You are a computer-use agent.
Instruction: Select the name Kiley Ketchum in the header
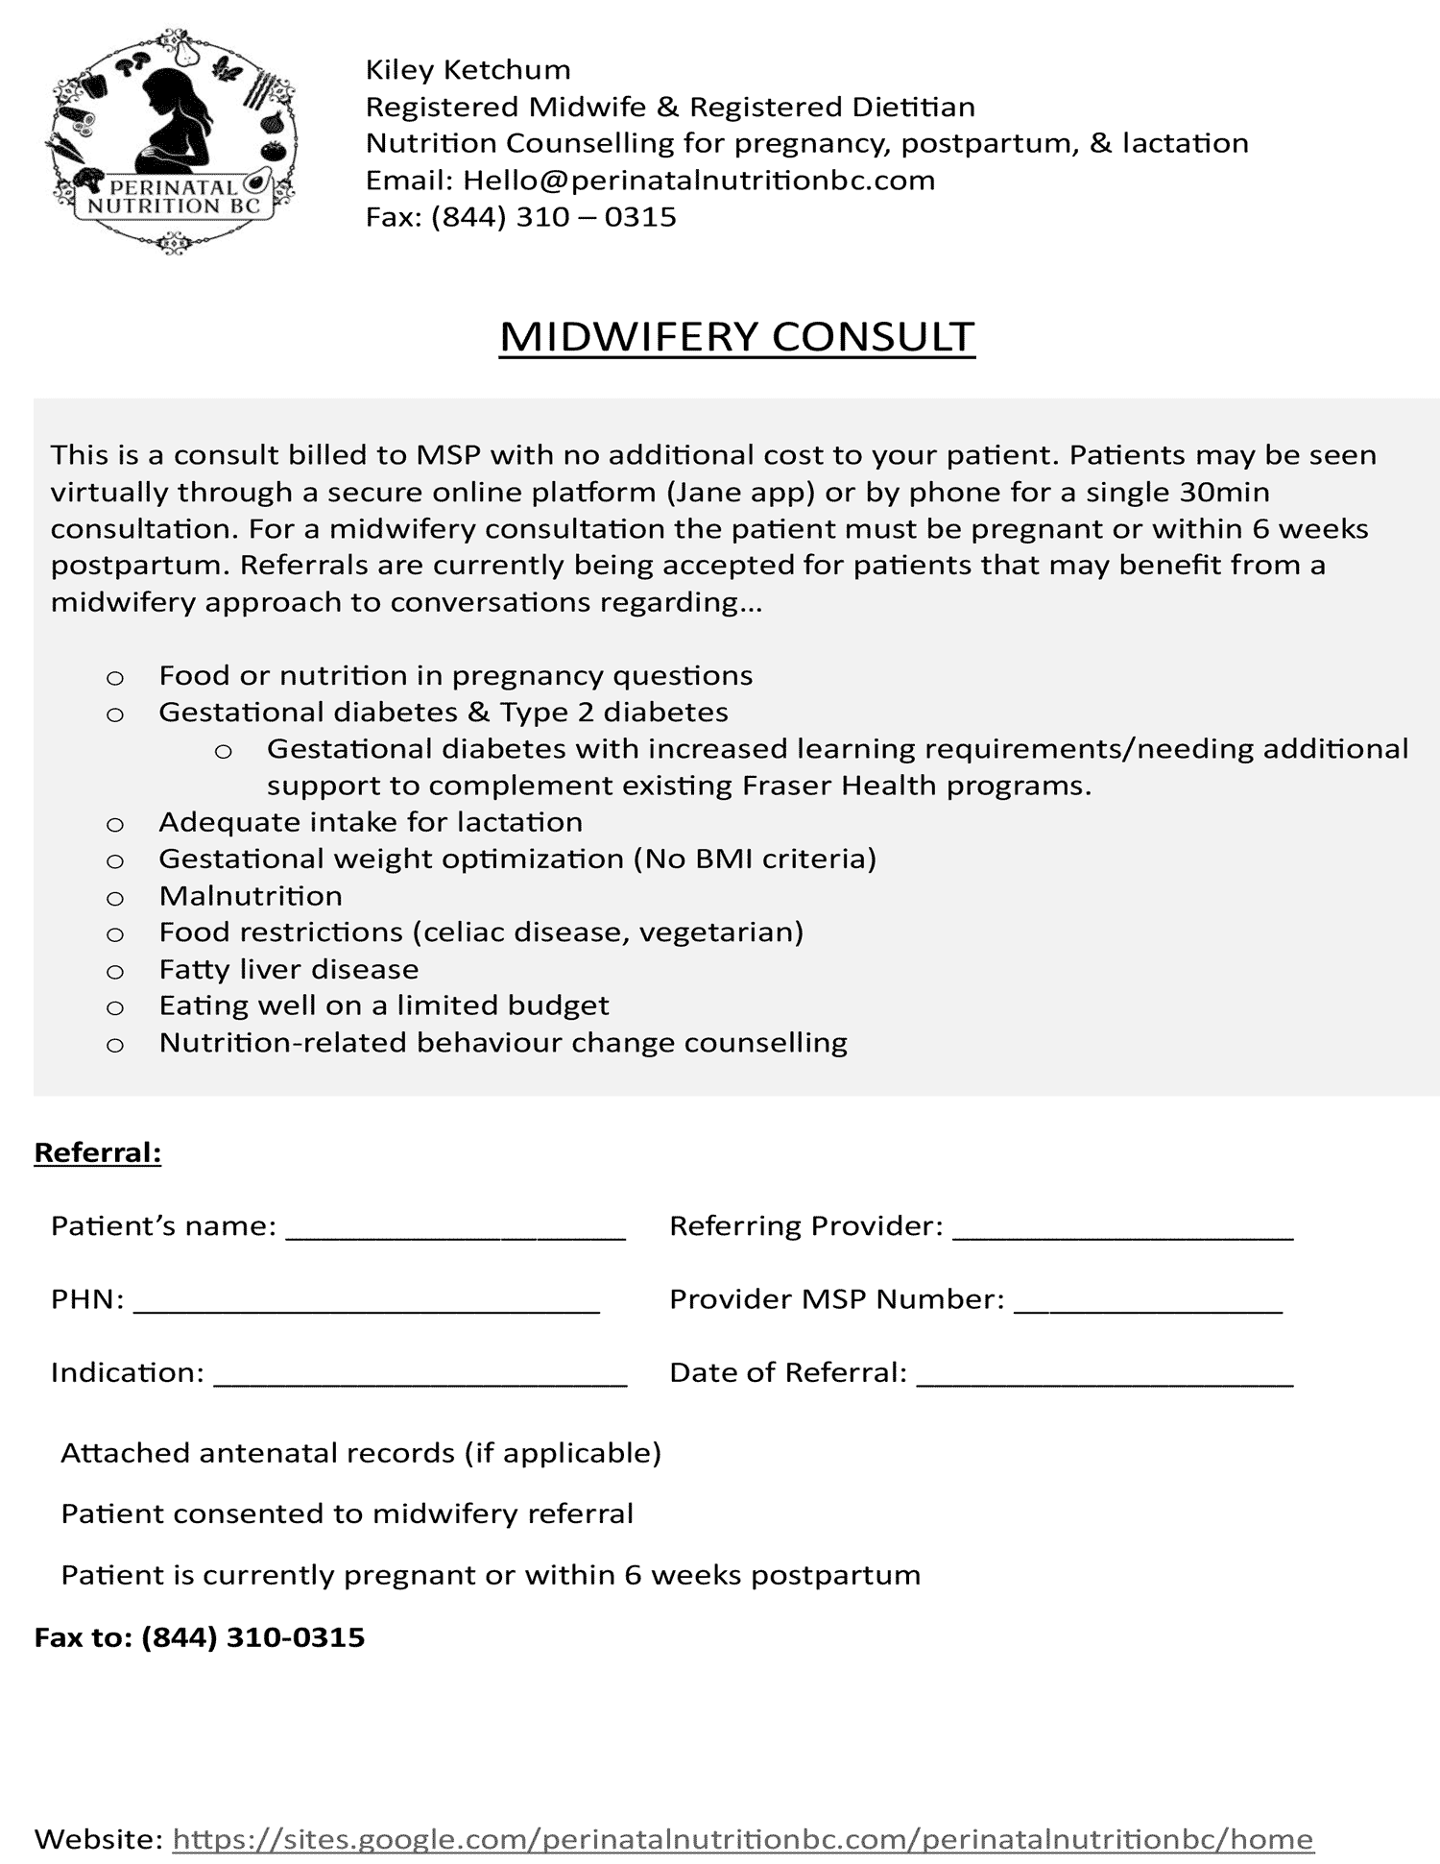(468, 70)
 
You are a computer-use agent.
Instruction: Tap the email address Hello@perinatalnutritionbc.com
(698, 181)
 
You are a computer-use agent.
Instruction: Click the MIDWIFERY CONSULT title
(736, 337)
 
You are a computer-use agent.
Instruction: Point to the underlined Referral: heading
(98, 1152)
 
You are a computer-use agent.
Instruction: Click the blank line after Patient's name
(456, 1229)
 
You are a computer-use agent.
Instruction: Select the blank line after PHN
(366, 1302)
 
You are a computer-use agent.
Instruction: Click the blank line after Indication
(420, 1375)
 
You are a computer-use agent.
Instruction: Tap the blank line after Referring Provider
(1122, 1229)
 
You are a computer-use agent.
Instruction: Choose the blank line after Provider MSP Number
(1147, 1302)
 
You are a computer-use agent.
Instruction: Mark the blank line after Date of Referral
(1104, 1375)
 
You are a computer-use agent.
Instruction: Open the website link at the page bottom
(742, 1839)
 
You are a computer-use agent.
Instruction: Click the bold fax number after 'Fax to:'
(252, 1637)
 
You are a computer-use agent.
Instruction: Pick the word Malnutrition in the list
(251, 896)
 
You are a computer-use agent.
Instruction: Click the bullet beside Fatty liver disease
(115, 972)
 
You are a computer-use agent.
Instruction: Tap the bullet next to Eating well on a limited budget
(115, 1008)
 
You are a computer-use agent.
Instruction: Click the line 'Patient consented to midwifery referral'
(347, 1514)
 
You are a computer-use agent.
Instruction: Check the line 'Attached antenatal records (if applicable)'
(361, 1453)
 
